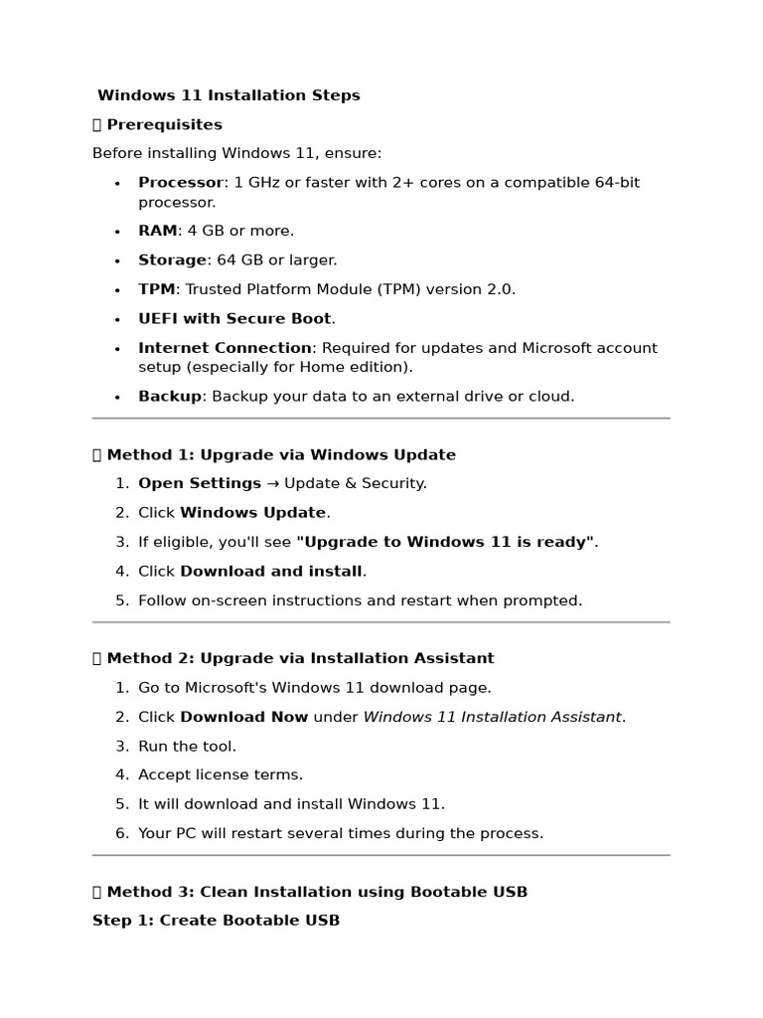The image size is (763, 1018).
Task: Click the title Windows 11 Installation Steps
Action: click(229, 95)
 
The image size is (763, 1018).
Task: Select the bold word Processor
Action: click(181, 183)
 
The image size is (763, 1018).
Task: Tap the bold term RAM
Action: click(157, 231)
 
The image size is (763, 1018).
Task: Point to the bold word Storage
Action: click(173, 260)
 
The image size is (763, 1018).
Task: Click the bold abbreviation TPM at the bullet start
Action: click(156, 289)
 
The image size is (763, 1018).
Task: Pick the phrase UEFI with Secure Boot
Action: click(234, 319)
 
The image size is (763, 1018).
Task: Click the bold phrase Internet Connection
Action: click(225, 348)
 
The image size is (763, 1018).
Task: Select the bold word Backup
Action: click(170, 397)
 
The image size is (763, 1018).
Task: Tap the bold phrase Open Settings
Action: click(200, 483)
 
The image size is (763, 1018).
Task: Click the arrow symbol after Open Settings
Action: click(273, 484)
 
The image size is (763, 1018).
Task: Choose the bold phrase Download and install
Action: click(270, 572)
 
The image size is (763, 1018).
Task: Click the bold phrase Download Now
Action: click(243, 717)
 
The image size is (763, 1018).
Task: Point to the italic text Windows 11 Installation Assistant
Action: click(492, 717)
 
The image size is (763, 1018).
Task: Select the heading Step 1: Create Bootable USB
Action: click(216, 921)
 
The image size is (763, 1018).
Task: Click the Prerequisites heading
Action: click(164, 124)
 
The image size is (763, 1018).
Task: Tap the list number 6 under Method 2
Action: click(121, 833)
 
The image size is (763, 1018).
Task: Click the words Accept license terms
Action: click(221, 774)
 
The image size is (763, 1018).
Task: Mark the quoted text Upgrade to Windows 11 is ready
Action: click(445, 542)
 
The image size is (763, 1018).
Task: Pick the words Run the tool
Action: click(187, 746)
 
